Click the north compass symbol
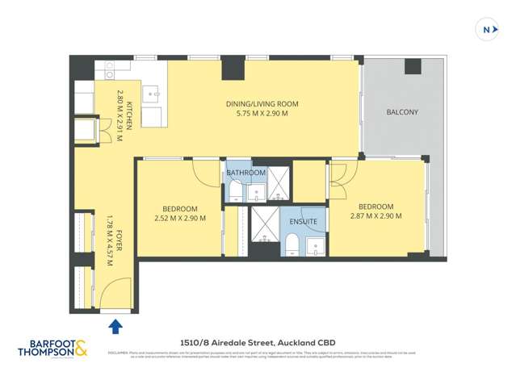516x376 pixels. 487,31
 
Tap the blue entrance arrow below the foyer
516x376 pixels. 115,326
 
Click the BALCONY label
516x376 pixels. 402,112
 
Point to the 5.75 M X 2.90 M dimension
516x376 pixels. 262,114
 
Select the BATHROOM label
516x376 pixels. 245,173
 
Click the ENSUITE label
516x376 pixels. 304,220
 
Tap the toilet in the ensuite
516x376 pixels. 291,244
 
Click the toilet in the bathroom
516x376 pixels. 233,190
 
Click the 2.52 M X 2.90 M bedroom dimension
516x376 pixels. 180,217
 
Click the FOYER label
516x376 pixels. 120,242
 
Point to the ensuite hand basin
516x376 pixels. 315,245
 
